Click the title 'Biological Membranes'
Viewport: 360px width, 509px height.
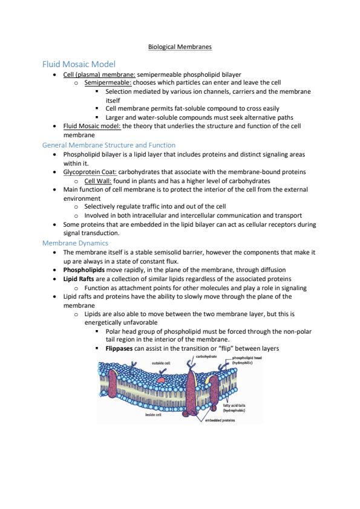tap(180, 47)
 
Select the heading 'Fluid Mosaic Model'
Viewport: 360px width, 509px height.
tap(79, 64)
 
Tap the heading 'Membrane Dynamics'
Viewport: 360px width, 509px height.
tap(75, 243)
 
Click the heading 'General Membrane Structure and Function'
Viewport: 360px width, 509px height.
tap(109, 145)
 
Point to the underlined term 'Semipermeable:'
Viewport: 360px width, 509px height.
tap(108, 83)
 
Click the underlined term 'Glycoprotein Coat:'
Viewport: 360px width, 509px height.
tap(90, 172)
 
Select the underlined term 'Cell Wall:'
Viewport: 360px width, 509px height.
tap(98, 181)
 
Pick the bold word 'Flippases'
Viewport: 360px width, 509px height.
tap(119, 348)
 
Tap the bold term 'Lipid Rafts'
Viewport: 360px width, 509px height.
tap(79, 279)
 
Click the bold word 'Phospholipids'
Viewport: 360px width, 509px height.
tap(84, 270)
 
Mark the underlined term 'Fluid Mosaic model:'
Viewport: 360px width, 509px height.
tap(92, 126)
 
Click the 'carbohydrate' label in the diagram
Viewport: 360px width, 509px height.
tap(206, 357)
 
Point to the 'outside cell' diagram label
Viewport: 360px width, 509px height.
tap(161, 363)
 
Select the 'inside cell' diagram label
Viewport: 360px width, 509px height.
tap(153, 415)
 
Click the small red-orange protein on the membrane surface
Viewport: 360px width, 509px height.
tap(160, 379)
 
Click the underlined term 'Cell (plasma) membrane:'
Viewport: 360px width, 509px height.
tap(99, 74)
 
